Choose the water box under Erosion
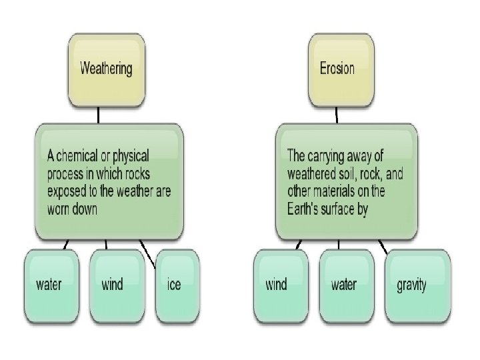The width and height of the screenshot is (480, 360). pyautogui.click(x=345, y=285)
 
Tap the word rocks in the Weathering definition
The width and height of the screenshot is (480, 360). pyautogui.click(x=135, y=174)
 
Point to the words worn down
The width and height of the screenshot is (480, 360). pyautogui.click(x=72, y=208)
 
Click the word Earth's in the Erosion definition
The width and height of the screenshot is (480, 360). pyautogui.click(x=309, y=209)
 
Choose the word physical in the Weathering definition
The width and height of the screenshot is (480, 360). pyautogui.click(x=130, y=157)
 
